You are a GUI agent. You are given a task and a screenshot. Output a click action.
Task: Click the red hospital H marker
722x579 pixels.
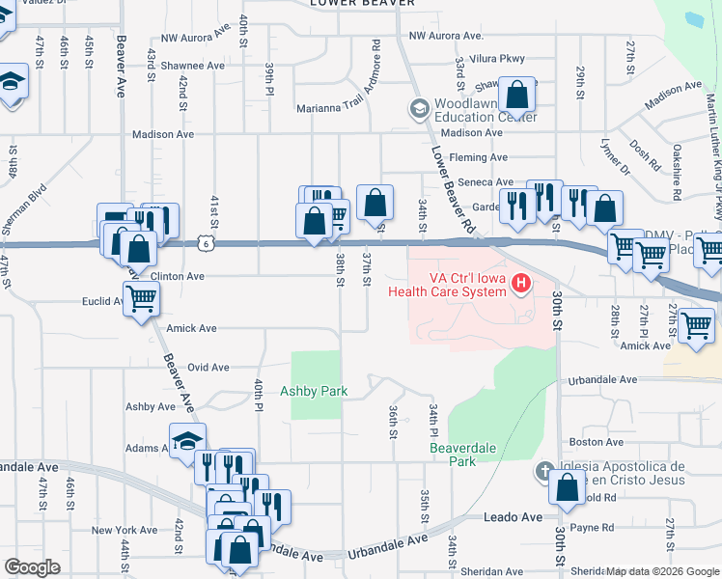(x=521, y=284)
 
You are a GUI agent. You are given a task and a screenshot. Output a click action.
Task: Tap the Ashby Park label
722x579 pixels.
(x=313, y=392)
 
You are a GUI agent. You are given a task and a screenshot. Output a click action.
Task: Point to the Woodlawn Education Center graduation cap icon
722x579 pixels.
(x=418, y=109)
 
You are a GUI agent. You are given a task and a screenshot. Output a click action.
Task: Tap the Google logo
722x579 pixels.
(x=33, y=566)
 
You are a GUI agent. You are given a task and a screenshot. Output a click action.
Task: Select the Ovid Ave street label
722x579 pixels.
(x=208, y=368)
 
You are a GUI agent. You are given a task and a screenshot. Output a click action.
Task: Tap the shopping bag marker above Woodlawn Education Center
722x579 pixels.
(x=517, y=95)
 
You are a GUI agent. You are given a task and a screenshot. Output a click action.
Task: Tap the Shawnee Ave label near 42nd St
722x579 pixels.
(x=192, y=66)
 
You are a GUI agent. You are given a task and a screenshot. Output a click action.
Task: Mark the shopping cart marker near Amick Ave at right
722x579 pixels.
(x=696, y=326)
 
